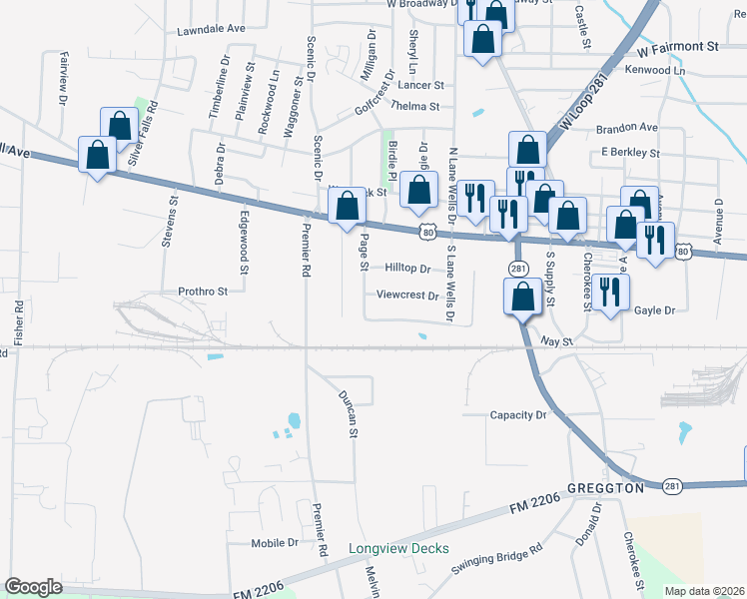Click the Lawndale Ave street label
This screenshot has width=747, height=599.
coord(210,30)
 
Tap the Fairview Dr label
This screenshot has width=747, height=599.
coord(63,79)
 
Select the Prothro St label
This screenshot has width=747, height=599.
coord(204,292)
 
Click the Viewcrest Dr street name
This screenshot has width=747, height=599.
coord(408,296)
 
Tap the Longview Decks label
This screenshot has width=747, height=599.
coord(398,548)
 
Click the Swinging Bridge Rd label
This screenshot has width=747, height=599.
coord(496,562)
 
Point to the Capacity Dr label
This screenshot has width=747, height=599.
coord(519,414)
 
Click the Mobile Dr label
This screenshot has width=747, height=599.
coord(275,543)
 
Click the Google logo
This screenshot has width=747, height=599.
coord(34,587)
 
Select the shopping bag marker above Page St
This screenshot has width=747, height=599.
coord(348,207)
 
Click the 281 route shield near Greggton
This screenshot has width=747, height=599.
coord(672,486)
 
